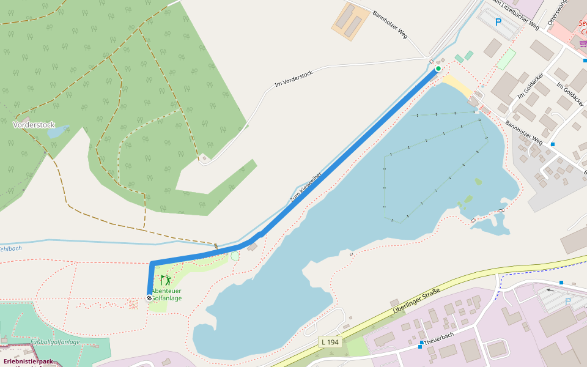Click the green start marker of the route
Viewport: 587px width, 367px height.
point(438,69)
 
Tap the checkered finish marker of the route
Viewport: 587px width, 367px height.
point(149,297)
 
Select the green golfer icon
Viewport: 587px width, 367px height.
point(165,281)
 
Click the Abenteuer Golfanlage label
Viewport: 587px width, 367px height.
point(166,295)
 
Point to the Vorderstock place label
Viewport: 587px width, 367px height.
point(34,124)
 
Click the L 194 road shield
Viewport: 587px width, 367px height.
point(330,341)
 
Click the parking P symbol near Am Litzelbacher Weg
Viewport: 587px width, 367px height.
point(498,23)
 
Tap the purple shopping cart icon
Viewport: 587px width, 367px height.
point(581,43)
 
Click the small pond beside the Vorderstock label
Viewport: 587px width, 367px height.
point(59,132)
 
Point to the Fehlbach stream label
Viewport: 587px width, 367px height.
point(10,248)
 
